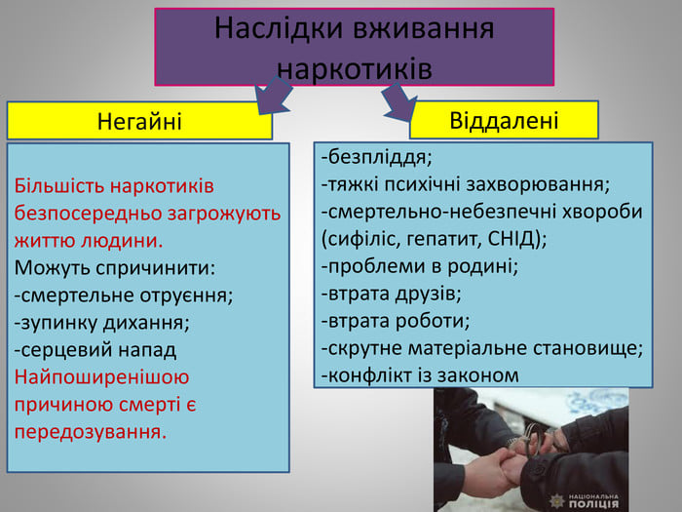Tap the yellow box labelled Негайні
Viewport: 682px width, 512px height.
(x=139, y=121)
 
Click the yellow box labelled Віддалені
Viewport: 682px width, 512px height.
(x=504, y=120)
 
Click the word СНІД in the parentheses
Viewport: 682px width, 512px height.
(x=511, y=238)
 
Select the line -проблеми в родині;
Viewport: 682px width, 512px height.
(x=419, y=265)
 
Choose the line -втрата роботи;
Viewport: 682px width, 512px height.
(x=395, y=320)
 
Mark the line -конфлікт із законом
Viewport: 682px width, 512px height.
(x=420, y=374)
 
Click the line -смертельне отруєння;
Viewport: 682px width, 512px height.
(x=124, y=295)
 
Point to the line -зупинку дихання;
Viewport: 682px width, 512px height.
(x=102, y=322)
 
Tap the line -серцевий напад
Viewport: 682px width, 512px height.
(x=95, y=349)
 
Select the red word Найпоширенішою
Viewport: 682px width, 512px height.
(x=102, y=376)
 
